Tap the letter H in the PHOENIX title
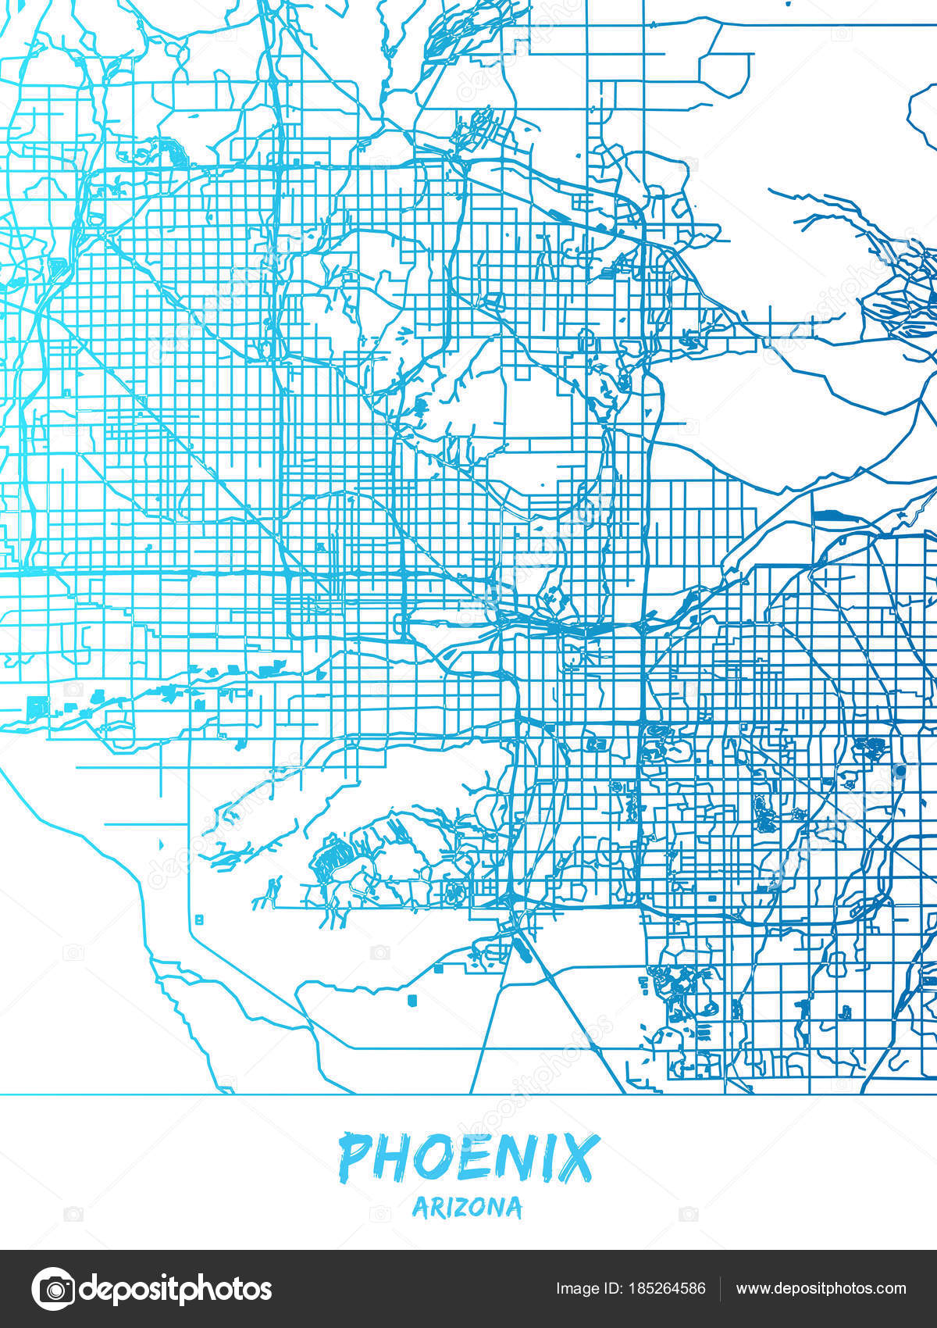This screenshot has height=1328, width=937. pyautogui.click(x=393, y=1157)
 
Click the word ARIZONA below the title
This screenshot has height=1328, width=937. pyautogui.click(x=467, y=1208)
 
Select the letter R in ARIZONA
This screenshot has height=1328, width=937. pyautogui.click(x=433, y=1208)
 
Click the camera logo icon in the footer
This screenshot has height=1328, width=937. pyautogui.click(x=53, y=1288)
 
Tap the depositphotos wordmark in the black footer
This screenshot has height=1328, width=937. pyautogui.click(x=176, y=1289)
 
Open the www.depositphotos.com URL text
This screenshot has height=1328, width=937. pyautogui.click(x=821, y=1289)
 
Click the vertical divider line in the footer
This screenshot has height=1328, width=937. pyautogui.click(x=720, y=1289)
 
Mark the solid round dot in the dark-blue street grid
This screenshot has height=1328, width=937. pyautogui.click(x=900, y=770)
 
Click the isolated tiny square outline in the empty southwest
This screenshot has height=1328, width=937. pyautogui.click(x=199, y=919)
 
